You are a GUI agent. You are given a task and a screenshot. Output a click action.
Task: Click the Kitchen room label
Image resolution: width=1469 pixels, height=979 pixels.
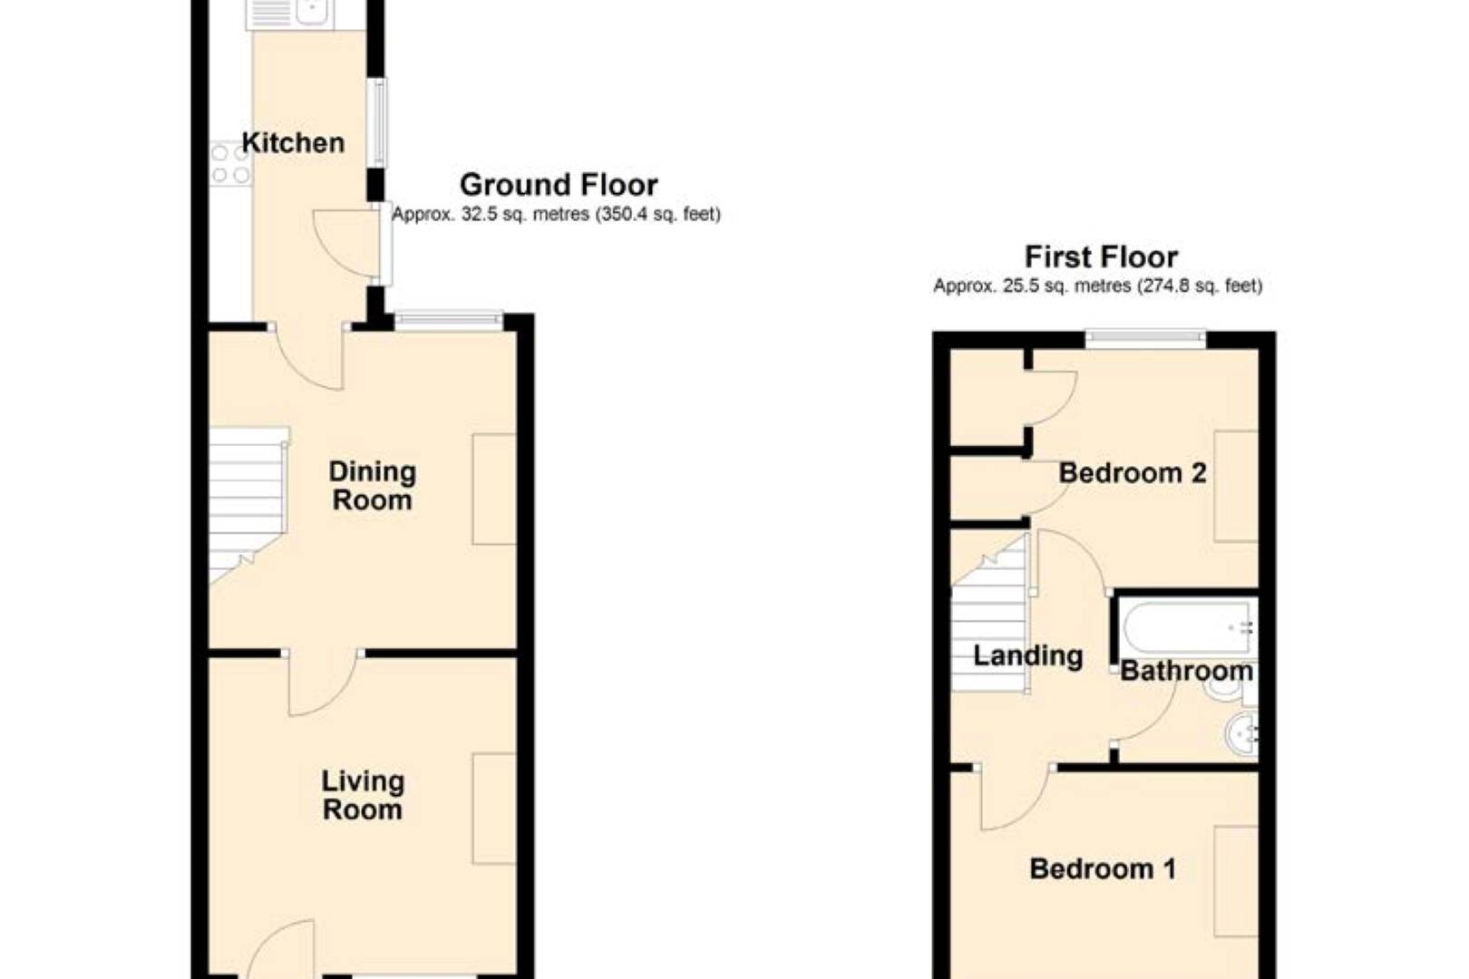pyautogui.click(x=293, y=143)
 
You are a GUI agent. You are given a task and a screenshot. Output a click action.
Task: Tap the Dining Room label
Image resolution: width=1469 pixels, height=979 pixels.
pyautogui.click(x=372, y=486)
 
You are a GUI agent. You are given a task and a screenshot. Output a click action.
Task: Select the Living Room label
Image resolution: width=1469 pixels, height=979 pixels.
pyautogui.click(x=363, y=795)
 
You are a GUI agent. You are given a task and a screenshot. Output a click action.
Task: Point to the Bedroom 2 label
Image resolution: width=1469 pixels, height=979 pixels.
pyautogui.click(x=1132, y=473)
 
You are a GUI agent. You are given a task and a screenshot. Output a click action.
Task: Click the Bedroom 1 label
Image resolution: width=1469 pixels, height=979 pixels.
pyautogui.click(x=1103, y=869)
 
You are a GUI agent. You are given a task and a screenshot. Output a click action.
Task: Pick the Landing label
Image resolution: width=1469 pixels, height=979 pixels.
pyautogui.click(x=1027, y=655)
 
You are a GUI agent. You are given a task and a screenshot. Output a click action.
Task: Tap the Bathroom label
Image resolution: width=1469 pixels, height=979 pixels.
pyautogui.click(x=1186, y=671)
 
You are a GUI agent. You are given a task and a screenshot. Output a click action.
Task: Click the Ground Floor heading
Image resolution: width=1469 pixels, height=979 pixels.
pyautogui.click(x=559, y=185)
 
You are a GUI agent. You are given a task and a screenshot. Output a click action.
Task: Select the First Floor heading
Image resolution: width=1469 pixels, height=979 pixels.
pyautogui.click(x=1101, y=257)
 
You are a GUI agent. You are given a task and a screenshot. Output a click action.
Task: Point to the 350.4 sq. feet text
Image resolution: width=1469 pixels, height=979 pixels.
pyautogui.click(x=657, y=215)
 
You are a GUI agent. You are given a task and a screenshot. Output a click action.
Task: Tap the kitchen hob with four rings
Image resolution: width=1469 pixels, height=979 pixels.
pyautogui.click(x=230, y=164)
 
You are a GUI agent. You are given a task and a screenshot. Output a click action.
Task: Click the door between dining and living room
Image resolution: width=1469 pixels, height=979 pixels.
pyautogui.click(x=323, y=682)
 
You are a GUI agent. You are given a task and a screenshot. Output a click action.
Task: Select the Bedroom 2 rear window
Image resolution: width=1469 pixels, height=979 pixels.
pyautogui.click(x=1145, y=340)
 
